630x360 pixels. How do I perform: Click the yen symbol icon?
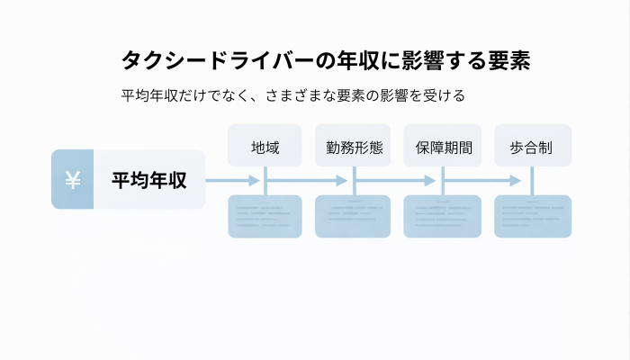pyautogui.click(x=73, y=180)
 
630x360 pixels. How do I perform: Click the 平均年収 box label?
pyautogui.click(x=149, y=180)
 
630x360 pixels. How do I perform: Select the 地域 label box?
pyautogui.click(x=265, y=146)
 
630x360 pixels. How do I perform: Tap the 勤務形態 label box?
pyautogui.click(x=353, y=146)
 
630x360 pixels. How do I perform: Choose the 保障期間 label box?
pyautogui.click(x=443, y=146)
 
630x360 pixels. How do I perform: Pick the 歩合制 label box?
pyautogui.click(x=533, y=146)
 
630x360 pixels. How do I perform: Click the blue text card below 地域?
pyautogui.click(x=265, y=216)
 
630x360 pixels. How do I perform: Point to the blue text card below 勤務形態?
pyautogui.click(x=353, y=216)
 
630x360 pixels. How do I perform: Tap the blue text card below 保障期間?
pyautogui.click(x=443, y=216)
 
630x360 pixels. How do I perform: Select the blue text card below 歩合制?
pyautogui.click(x=533, y=216)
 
